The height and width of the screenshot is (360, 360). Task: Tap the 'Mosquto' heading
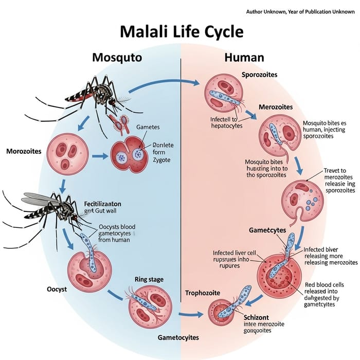point(117,57)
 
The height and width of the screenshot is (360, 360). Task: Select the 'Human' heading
point(244,57)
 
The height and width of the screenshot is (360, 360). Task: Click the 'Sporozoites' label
point(259,75)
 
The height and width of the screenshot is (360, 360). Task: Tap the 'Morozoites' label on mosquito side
point(27,152)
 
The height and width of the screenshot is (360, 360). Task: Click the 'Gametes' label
point(148,127)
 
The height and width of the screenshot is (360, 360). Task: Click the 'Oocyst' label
point(50,289)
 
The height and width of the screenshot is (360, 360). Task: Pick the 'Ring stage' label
point(149,279)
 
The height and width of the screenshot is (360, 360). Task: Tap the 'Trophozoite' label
point(203,293)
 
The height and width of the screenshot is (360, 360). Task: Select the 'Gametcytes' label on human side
point(267,230)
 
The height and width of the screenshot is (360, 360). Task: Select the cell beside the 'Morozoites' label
point(66,153)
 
